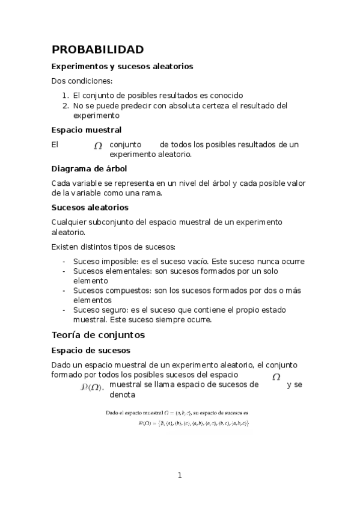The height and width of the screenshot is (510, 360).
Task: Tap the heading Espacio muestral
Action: coord(87,129)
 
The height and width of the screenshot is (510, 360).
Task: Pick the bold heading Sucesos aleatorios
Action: coord(90,207)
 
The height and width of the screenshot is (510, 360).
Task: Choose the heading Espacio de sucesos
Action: coord(91,350)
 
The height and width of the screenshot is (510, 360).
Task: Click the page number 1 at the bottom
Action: coord(179,475)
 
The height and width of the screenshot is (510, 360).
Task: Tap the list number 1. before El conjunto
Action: coord(66,95)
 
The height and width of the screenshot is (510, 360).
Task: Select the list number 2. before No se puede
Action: coord(66,105)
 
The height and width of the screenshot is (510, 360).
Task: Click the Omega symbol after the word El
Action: coord(98,146)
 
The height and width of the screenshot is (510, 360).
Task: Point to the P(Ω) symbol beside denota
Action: coord(92,387)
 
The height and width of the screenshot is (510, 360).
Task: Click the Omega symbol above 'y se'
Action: coord(276,377)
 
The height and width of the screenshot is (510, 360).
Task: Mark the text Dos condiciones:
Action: coord(82,81)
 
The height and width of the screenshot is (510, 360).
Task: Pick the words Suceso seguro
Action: coord(95,310)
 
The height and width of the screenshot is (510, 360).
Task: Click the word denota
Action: coord(123,395)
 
